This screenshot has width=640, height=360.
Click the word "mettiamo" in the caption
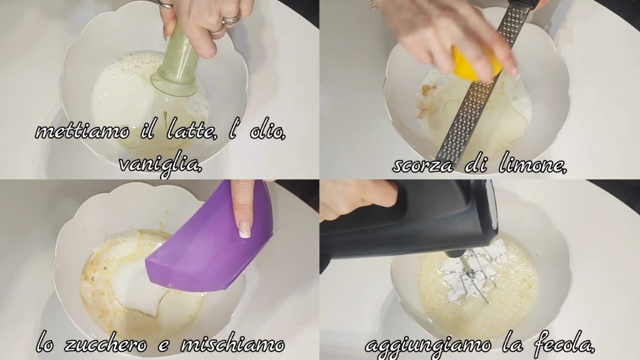tap(82, 131)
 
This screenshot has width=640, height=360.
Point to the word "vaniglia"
tap(161, 165)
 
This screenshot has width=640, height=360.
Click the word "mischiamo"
tap(232, 344)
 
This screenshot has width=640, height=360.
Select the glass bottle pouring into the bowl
tap(177, 61)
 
